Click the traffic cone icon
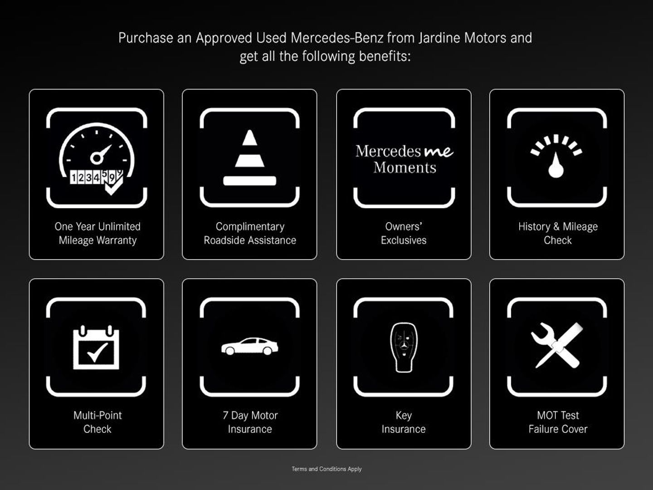(x=249, y=158)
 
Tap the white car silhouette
(x=249, y=346)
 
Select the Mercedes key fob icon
(x=404, y=347)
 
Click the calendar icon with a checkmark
(x=96, y=347)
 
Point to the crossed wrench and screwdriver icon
(x=556, y=345)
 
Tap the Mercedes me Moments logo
(x=404, y=159)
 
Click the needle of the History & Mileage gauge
(x=556, y=165)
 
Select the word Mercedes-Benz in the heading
(x=337, y=38)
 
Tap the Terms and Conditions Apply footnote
(x=326, y=469)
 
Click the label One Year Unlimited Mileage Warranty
(x=97, y=233)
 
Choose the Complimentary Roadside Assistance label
(x=250, y=233)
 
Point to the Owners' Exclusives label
(x=404, y=233)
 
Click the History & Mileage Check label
(x=558, y=233)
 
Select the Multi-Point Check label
(x=97, y=422)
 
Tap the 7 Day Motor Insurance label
(x=250, y=422)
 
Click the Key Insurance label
(x=404, y=422)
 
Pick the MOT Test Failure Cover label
(x=558, y=422)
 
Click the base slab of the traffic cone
(x=249, y=181)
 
